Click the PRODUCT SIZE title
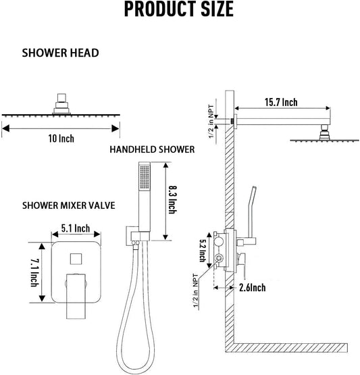point(180,10)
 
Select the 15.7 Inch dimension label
point(278,103)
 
